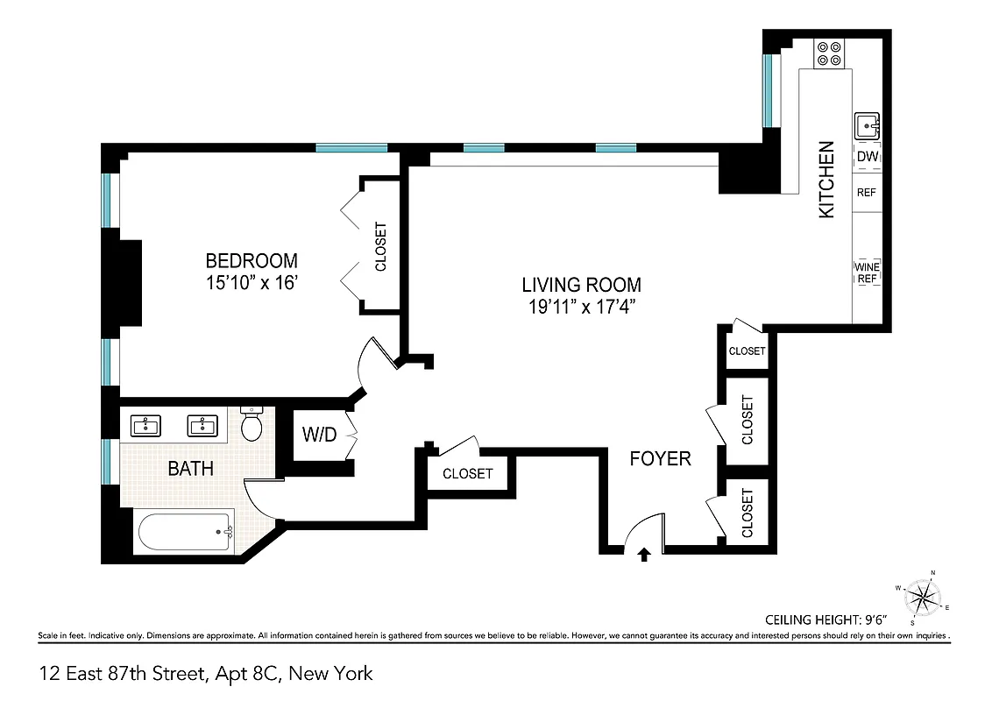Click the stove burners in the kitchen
coord(828,54)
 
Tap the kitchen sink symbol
coord(866,126)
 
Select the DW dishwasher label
coord(867,157)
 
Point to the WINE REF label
coord(867,273)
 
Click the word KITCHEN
coord(826,180)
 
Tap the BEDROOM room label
coord(252,261)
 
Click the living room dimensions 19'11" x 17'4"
coord(581,307)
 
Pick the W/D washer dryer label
coord(319,435)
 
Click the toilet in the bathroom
coord(252,425)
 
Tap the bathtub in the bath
coord(185,531)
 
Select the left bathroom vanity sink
coord(145,427)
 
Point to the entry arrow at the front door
coord(645,554)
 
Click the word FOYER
coord(661,458)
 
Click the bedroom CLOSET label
coord(380,246)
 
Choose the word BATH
coord(190,469)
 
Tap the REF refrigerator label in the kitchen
coord(867,193)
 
